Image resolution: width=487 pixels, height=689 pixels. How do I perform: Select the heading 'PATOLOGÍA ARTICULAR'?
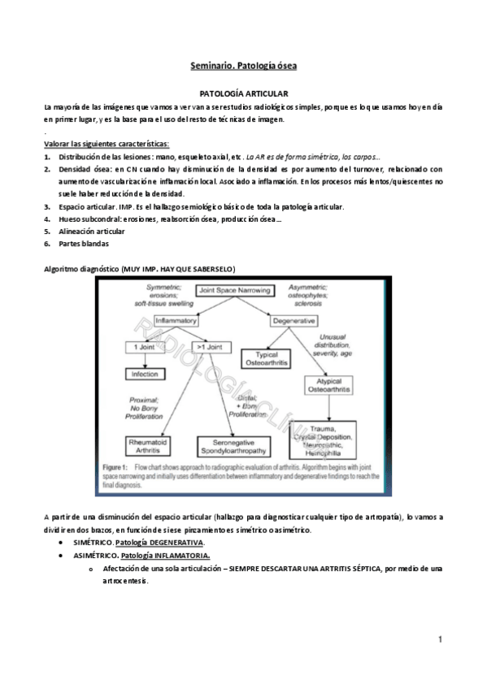(243, 95)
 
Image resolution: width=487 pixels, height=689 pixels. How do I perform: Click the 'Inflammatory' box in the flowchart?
(171, 321)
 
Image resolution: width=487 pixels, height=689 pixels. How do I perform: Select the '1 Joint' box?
(141, 348)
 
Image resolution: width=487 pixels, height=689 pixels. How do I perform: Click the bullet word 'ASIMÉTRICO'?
(94, 555)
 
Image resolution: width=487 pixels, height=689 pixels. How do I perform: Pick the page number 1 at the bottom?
(440, 640)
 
